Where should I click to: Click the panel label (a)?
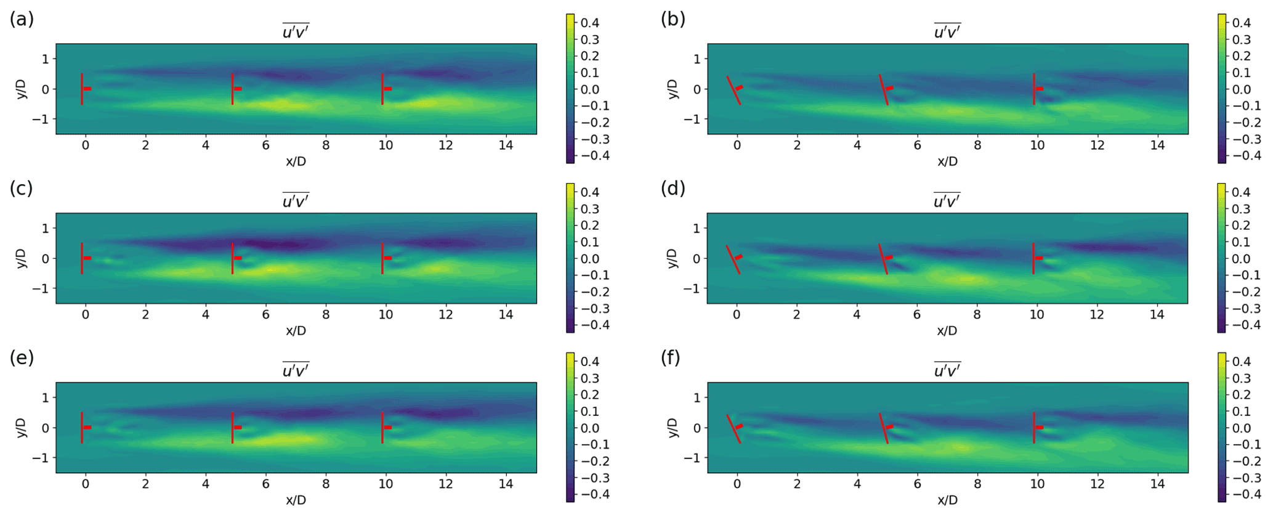point(22,20)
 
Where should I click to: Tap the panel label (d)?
point(673,189)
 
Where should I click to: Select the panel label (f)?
point(670,358)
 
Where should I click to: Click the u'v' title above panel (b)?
point(947,31)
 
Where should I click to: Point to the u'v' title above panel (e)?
point(296,370)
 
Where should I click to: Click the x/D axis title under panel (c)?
point(296,331)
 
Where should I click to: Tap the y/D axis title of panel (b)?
point(673,89)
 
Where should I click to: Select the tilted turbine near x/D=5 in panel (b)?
point(884,89)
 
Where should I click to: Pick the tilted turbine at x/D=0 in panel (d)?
point(733,259)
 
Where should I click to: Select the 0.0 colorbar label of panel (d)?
point(1242,259)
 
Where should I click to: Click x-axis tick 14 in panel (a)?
point(506,145)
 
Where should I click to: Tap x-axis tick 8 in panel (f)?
point(977,484)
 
